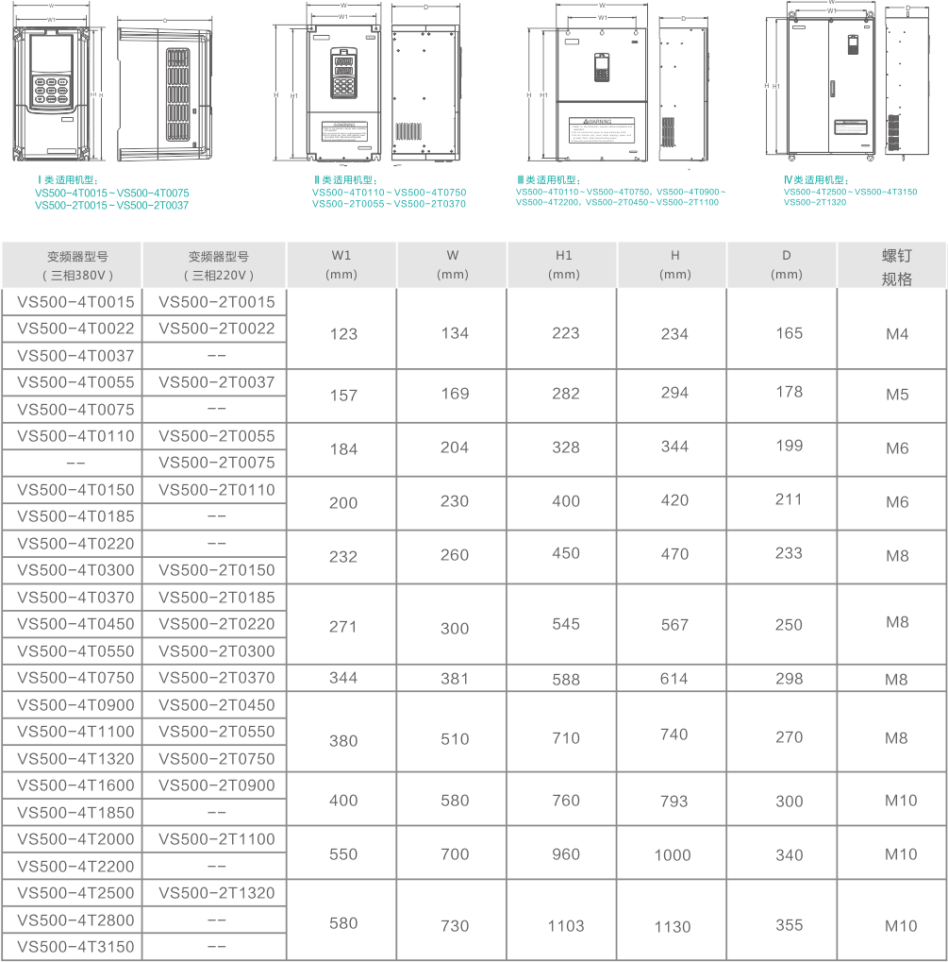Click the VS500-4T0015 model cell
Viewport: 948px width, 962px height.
coord(75,302)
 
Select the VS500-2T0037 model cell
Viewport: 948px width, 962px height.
coord(216,382)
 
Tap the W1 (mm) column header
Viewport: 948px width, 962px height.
coord(341,264)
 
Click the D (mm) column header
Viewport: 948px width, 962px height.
coord(786,264)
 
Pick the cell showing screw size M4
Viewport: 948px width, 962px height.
coord(897,334)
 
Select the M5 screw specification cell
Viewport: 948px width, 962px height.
coord(897,395)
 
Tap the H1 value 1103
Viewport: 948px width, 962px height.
coord(565,926)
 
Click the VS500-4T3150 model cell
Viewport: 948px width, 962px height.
coord(75,946)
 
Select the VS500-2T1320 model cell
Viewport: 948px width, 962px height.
coord(216,892)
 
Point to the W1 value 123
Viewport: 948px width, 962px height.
coord(343,334)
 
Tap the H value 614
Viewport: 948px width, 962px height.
coord(674,679)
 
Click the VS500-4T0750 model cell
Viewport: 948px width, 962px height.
coord(75,677)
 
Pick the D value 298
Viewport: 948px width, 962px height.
coord(789,678)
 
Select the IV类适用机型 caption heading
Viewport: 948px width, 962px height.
coord(815,179)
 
